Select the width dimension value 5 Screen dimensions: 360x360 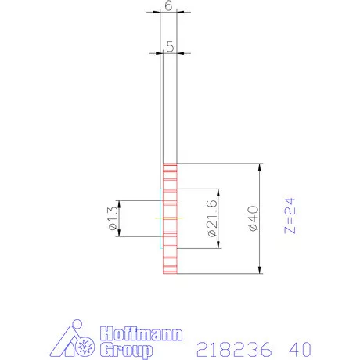tap(170, 46)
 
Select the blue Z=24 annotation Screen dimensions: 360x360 tap(289, 217)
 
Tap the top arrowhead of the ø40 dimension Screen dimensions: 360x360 tap(259, 168)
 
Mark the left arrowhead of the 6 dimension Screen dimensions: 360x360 tap(156, 12)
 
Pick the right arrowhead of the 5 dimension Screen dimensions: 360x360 tap(180, 54)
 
